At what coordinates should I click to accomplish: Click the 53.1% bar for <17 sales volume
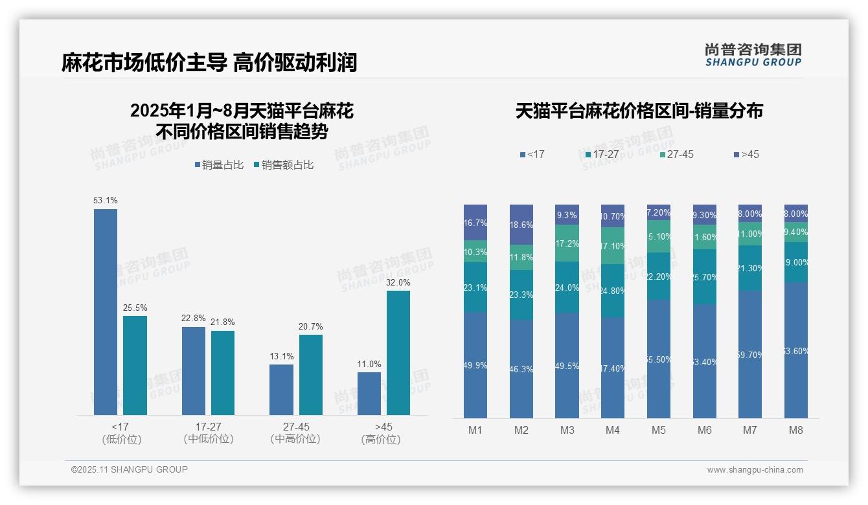(x=106, y=311)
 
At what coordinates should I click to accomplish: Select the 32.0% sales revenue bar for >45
(x=398, y=352)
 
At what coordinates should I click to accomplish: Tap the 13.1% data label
(x=282, y=356)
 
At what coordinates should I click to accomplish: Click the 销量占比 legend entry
(x=219, y=165)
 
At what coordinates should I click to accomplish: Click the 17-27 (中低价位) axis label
(x=209, y=432)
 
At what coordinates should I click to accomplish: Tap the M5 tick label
(x=659, y=430)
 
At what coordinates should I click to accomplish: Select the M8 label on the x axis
(x=796, y=430)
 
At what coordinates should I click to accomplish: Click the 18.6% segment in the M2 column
(x=521, y=225)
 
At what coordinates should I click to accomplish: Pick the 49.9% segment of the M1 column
(x=475, y=365)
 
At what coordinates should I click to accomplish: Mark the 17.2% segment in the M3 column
(x=567, y=243)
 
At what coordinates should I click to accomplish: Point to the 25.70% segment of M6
(x=705, y=276)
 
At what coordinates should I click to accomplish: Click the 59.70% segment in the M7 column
(x=750, y=354)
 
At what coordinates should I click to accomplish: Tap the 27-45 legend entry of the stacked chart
(x=676, y=154)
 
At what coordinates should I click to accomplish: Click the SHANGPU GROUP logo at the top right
(x=753, y=54)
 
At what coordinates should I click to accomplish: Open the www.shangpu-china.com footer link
(x=755, y=470)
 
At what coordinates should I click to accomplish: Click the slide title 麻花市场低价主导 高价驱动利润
(x=209, y=63)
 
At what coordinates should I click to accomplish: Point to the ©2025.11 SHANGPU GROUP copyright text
(x=130, y=469)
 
